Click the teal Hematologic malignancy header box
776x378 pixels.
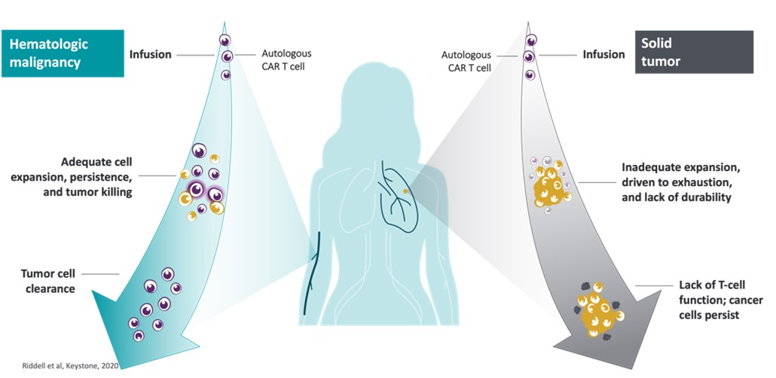(x=62, y=53)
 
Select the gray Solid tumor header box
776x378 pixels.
(x=694, y=52)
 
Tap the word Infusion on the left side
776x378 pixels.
(x=151, y=54)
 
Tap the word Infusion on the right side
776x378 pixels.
(x=603, y=54)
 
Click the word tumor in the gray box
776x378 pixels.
(x=663, y=62)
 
